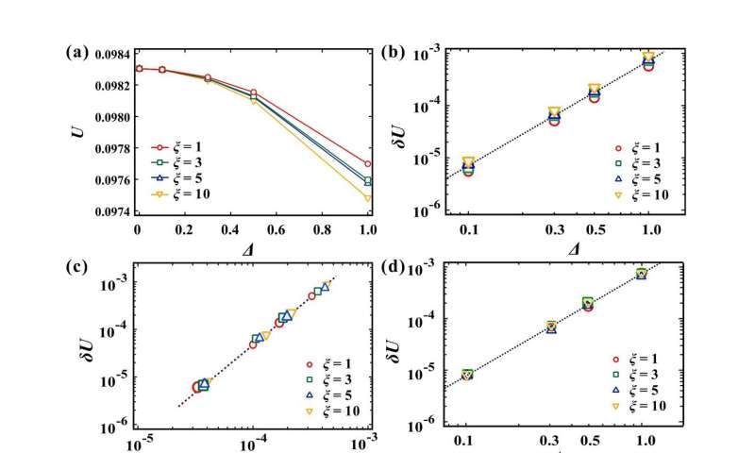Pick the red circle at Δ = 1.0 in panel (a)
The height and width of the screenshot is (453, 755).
click(367, 164)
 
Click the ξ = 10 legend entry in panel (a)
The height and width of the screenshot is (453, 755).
click(184, 193)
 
